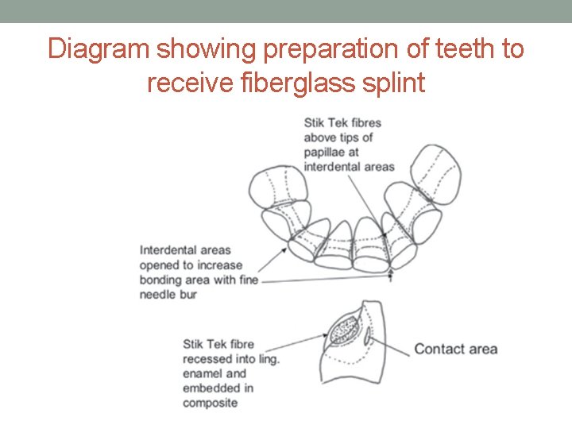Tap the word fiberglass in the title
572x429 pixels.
coord(303,82)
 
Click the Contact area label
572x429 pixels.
coord(455,349)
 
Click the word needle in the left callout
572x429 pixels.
coord(157,294)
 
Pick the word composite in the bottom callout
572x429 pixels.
coord(210,403)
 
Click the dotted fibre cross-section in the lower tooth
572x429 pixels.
coord(343,329)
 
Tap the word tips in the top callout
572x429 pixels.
coord(353,137)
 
